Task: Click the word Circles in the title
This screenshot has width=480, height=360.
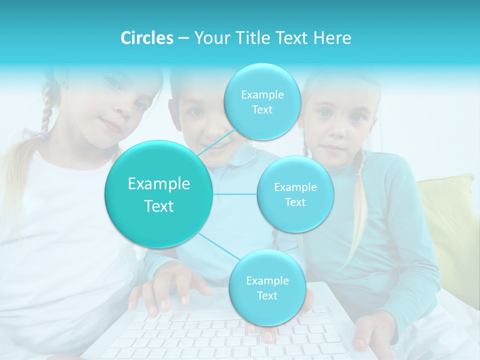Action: [x=147, y=38]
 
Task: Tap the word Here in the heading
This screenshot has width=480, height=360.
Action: [x=332, y=38]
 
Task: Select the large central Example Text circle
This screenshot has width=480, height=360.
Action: [x=159, y=194]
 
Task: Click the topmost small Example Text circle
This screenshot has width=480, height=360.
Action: [x=262, y=102]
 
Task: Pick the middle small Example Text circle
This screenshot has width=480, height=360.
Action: [x=295, y=194]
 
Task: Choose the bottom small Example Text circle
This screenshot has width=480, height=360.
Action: [x=267, y=287]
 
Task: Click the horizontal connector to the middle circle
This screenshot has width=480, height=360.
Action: [x=235, y=194]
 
